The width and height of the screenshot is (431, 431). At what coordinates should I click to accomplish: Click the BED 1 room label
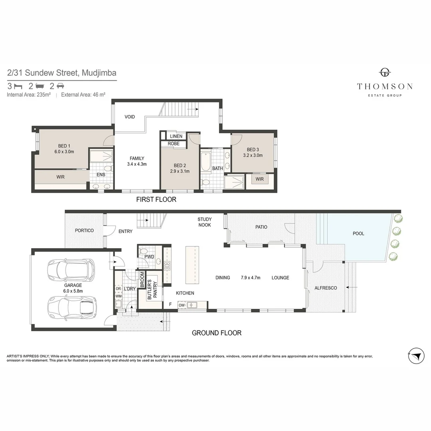coord(64,146)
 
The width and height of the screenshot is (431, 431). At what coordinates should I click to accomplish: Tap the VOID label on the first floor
coord(130,117)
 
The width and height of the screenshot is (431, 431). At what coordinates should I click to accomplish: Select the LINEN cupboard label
coord(176,136)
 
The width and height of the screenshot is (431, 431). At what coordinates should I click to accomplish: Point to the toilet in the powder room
coord(144,251)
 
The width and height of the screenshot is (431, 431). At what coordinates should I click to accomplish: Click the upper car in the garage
coord(71,270)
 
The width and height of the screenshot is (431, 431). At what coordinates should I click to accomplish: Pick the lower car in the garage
coord(72,308)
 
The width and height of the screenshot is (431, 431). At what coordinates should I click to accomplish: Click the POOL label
coord(358,233)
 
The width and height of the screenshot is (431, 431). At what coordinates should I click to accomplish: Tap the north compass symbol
coord(416,356)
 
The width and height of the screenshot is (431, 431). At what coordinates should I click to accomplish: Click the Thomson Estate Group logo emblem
coord(385,72)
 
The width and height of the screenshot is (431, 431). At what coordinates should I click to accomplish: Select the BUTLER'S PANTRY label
coord(152,290)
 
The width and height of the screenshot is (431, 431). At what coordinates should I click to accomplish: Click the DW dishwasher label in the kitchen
coord(182,305)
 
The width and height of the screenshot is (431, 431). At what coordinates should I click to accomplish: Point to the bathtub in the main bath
coord(205,162)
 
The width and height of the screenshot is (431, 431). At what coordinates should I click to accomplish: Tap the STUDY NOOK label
coord(204,222)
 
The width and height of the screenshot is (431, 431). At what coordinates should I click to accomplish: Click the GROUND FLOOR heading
coord(217,333)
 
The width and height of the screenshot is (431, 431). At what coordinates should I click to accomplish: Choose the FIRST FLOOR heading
coord(156,199)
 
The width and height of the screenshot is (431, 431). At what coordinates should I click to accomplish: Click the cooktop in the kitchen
coord(167,265)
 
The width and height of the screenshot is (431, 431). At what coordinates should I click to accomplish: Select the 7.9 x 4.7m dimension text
coord(250,278)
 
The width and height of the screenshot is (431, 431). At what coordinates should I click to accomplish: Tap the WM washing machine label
coord(119,296)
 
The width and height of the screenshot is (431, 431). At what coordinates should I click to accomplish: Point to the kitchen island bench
coord(192,265)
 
